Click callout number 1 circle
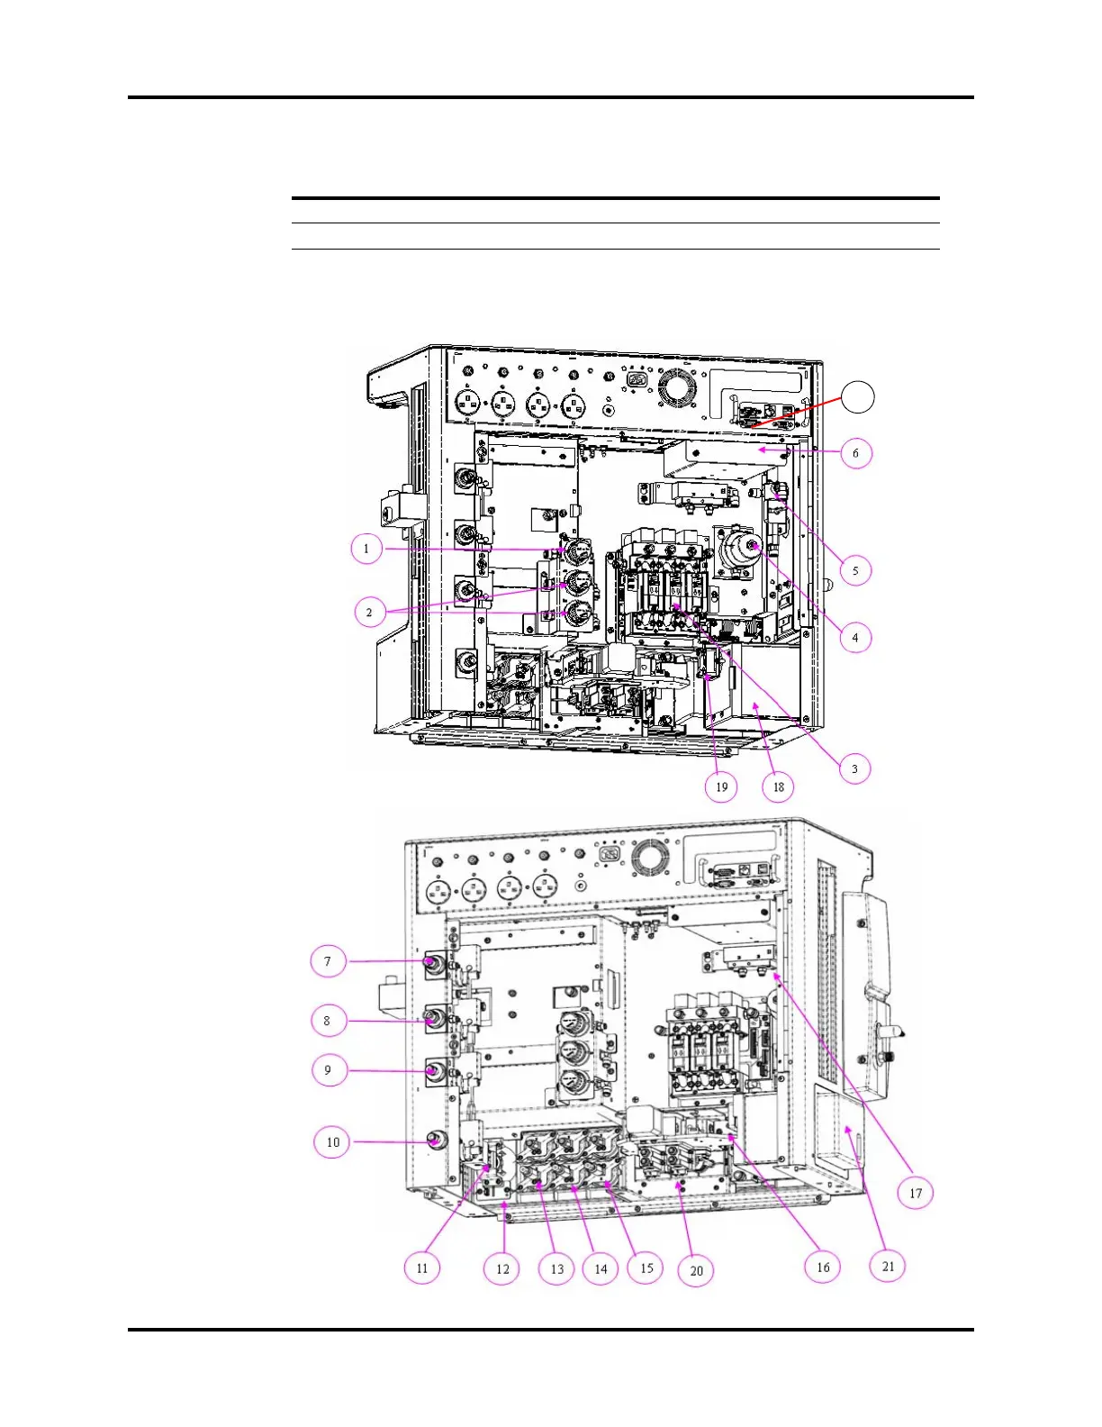click(366, 549)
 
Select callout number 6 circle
click(856, 453)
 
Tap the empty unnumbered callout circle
click(858, 396)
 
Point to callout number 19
click(722, 786)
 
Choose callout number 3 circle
click(854, 768)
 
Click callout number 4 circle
click(855, 638)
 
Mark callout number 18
click(779, 786)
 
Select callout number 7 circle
click(328, 961)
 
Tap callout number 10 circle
click(332, 1142)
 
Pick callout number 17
click(916, 1193)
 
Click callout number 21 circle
click(889, 1266)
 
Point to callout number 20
click(696, 1270)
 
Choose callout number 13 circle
click(557, 1268)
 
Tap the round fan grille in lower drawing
click(646, 858)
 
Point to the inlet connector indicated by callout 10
click(436, 1141)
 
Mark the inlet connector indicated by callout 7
click(434, 965)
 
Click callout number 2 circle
click(369, 613)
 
